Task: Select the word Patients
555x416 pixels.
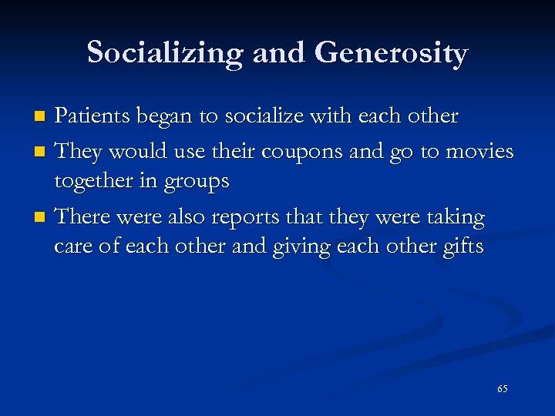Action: (96, 116)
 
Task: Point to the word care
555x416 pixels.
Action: (76, 247)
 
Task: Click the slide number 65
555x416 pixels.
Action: (502, 389)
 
